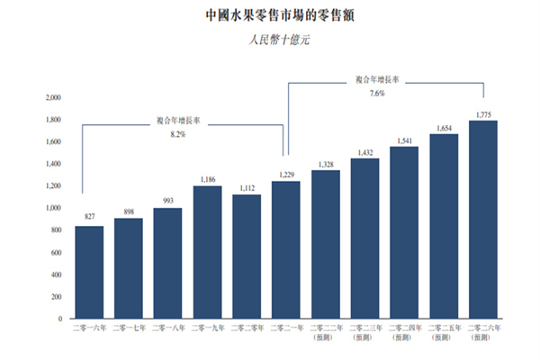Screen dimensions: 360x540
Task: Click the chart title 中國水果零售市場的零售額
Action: (270, 15)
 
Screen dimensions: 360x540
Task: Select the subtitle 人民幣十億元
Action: (270, 40)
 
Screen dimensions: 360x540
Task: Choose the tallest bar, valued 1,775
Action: (483, 220)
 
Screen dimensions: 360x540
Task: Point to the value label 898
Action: (129, 211)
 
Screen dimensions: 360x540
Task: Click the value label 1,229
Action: (286, 175)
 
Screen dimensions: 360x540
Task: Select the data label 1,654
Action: (445, 129)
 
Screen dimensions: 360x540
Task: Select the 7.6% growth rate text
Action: (377, 92)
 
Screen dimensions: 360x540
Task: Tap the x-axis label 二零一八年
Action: (168, 330)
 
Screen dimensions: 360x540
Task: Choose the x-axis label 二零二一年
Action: (286, 330)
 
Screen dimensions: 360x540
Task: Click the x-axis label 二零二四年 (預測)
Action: (405, 334)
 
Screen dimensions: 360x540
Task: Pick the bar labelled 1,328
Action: (326, 244)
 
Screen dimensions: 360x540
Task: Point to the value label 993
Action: (168, 202)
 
